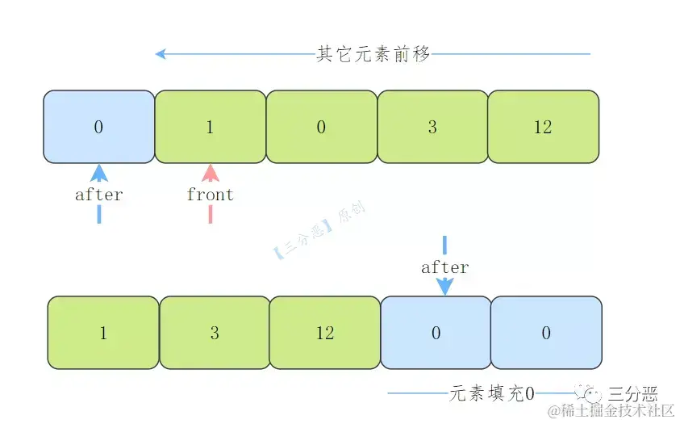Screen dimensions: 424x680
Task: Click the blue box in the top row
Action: point(98,127)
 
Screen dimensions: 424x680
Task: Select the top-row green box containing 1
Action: point(210,127)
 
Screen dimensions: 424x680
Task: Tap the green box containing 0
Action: point(321,127)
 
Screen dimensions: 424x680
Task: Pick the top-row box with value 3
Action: point(432,127)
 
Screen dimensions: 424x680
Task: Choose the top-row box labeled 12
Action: point(543,127)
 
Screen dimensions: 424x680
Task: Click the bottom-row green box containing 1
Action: point(103,333)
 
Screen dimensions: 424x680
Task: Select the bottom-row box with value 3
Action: point(215,333)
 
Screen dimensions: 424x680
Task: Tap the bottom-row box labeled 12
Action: point(325,333)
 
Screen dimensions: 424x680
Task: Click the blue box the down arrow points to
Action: point(436,333)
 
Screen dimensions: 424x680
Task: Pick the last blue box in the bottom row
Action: point(546,333)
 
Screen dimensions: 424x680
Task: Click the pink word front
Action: point(210,195)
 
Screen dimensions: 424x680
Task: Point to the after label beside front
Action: point(98,195)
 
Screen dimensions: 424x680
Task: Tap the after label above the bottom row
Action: point(444,267)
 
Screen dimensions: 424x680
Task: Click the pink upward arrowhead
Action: point(211,173)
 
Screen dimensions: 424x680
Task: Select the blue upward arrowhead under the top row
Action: point(99,173)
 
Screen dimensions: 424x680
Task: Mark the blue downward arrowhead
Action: point(444,286)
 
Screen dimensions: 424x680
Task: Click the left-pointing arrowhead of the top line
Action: point(161,54)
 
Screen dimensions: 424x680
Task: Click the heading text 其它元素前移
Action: point(373,54)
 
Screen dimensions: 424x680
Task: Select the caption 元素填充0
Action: point(491,394)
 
